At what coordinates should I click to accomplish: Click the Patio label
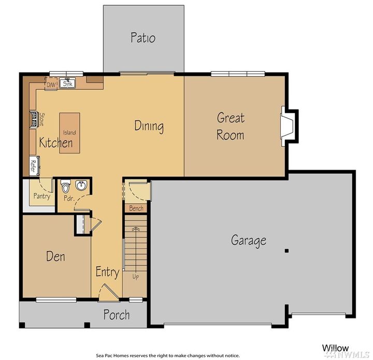tap(143, 38)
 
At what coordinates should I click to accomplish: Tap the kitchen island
tap(69, 133)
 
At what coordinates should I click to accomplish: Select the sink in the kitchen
tap(67, 84)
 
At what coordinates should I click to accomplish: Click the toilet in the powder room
tap(65, 186)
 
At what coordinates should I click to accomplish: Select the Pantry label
tap(41, 196)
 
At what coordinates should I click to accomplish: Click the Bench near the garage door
tap(136, 208)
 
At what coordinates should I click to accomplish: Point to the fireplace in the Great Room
tap(288, 125)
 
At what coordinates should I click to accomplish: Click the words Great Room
tap(231, 126)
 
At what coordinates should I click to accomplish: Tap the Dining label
tap(149, 126)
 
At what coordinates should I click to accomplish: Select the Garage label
tap(249, 240)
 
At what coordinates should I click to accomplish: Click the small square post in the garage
tap(286, 251)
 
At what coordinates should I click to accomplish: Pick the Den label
tap(55, 256)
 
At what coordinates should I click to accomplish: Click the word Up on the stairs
tap(136, 276)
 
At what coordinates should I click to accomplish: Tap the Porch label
tap(117, 315)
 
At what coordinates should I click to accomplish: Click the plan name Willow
tap(336, 348)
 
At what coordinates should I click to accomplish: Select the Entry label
tap(107, 272)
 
